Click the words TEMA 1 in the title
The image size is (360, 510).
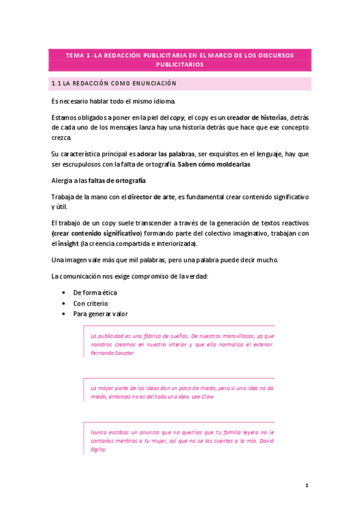(x=76, y=55)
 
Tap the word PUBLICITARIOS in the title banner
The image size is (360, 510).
(x=180, y=64)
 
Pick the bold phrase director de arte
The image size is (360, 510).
(x=151, y=197)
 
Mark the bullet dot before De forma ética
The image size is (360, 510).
(x=64, y=293)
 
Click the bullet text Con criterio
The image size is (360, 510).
(x=91, y=303)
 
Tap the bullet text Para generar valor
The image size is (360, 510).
(x=100, y=314)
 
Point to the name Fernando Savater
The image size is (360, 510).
(x=112, y=354)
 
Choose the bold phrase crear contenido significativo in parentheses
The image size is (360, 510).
(x=96, y=233)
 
